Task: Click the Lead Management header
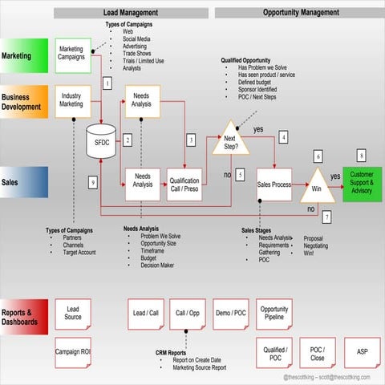(x=131, y=13)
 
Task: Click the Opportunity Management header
(x=298, y=13)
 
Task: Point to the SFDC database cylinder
(x=103, y=143)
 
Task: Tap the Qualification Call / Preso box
(x=185, y=185)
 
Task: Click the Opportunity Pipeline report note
(x=274, y=314)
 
